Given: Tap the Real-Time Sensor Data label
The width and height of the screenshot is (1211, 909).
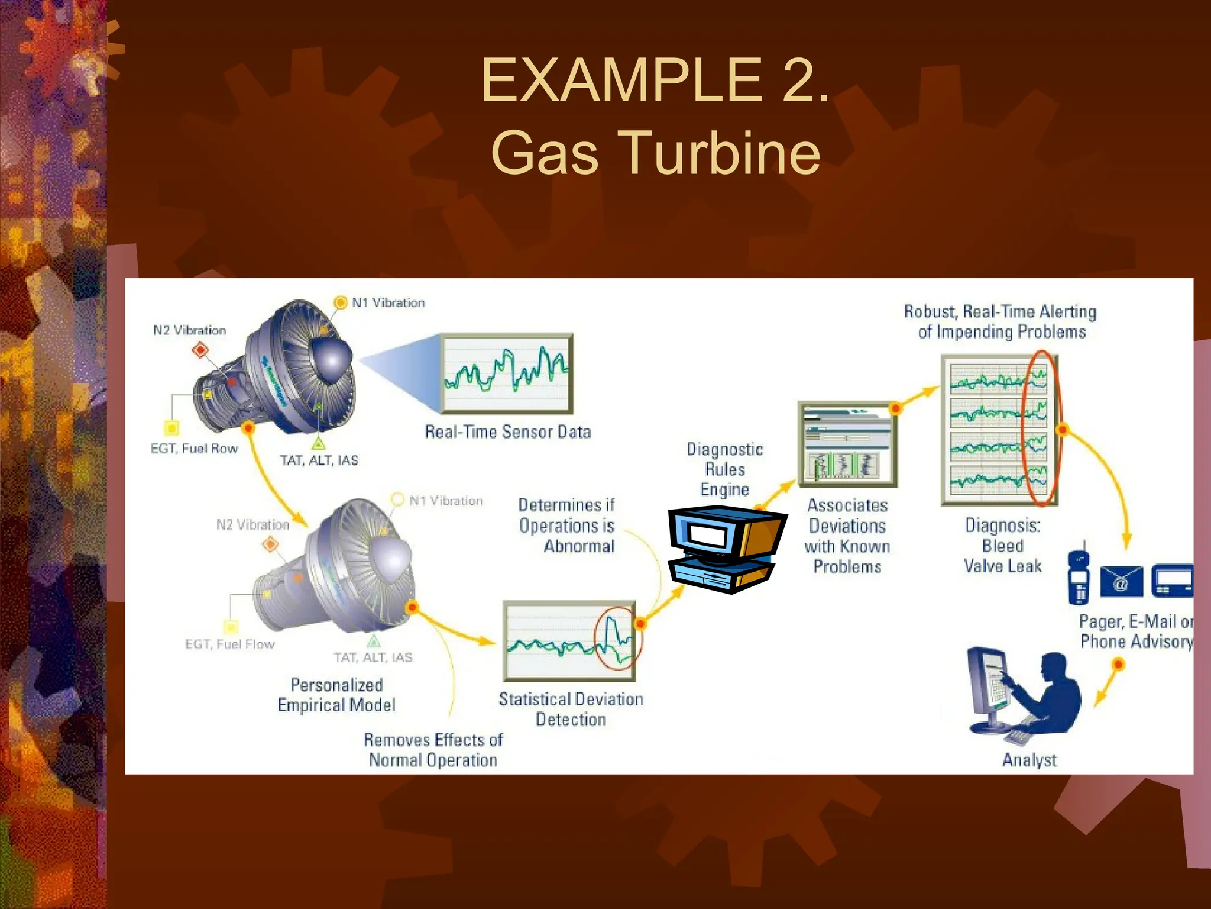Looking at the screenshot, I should pos(507,432).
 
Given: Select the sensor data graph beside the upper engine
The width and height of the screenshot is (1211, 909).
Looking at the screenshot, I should pos(507,373).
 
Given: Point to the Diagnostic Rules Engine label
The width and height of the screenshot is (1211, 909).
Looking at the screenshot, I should pos(724,469).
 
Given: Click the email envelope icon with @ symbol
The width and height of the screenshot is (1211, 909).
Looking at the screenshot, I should pos(1121,582).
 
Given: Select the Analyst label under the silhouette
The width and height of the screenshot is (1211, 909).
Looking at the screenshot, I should pos(1029,760).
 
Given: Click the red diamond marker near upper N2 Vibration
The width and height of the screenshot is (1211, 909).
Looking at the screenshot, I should pos(200,350).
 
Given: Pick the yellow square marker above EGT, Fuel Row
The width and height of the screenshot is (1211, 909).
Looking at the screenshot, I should pos(171,427).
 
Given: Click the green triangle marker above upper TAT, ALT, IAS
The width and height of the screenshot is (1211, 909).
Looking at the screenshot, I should pos(318,443).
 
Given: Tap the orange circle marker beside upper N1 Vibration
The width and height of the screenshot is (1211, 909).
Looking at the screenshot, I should pos(341,302).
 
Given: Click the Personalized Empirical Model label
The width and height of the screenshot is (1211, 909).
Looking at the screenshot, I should pos(336,695).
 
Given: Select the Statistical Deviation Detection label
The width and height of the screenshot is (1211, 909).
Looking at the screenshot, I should pos(571,709).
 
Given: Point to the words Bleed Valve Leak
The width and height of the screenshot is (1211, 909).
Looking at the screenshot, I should pos(1003,556).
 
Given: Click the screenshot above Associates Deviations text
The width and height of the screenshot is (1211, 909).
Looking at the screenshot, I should pos(847,444).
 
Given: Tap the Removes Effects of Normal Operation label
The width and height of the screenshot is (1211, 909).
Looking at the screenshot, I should pos(433,750).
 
